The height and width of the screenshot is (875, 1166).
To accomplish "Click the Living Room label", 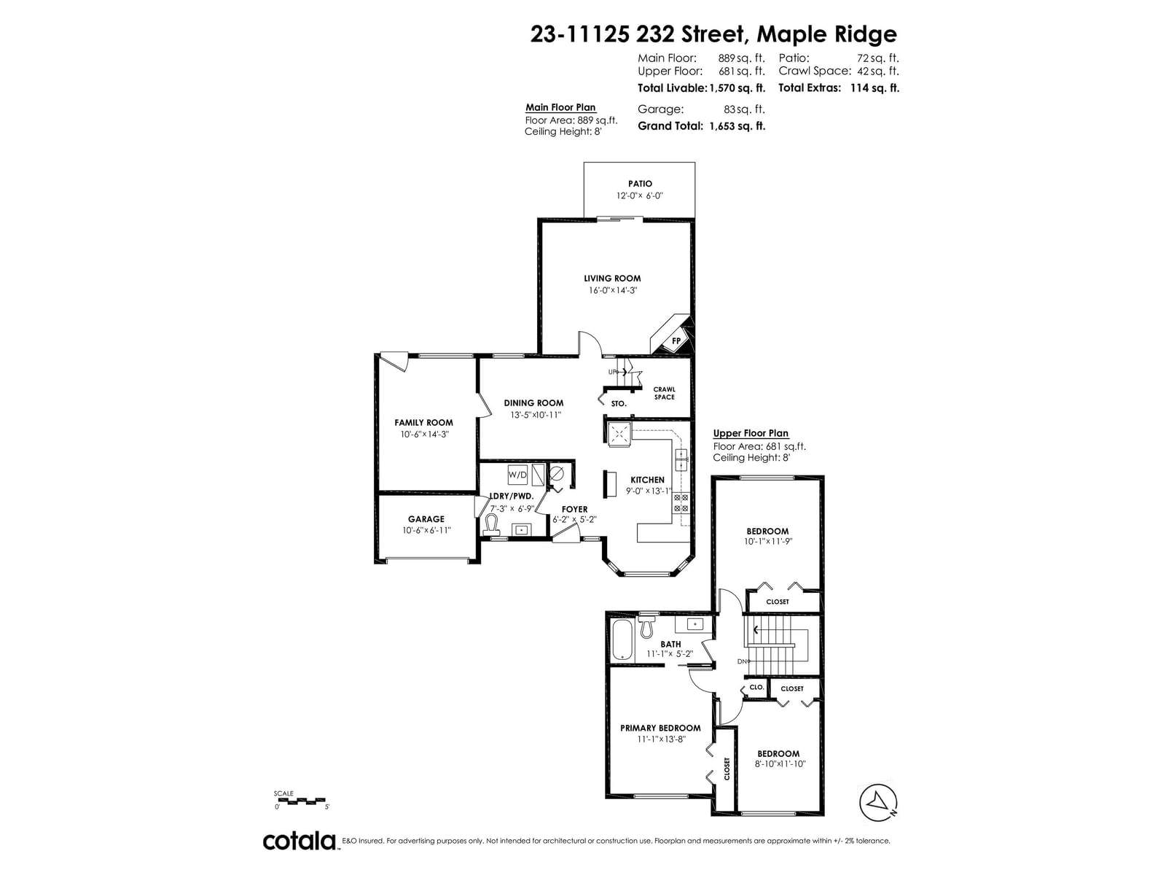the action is [x=612, y=279].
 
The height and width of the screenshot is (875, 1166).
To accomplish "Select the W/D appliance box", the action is [x=517, y=475].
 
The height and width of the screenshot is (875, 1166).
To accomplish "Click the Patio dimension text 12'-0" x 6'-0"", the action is [x=640, y=195].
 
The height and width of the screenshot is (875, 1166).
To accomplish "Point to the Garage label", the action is [x=426, y=519].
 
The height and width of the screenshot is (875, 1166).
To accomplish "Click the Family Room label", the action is [x=423, y=423].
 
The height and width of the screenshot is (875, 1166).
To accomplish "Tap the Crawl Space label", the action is [x=664, y=393].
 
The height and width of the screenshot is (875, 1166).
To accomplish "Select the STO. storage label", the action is [x=619, y=404].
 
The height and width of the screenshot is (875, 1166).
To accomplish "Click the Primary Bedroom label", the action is [x=660, y=728].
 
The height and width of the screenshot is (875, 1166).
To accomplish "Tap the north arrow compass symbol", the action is [x=878, y=802].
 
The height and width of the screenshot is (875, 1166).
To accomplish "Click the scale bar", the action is [x=300, y=801].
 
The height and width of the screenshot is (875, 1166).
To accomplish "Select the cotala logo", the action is [x=300, y=841].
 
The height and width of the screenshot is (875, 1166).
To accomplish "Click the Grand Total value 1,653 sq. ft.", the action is [x=737, y=126].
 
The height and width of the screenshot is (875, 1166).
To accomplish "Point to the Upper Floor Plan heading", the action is [x=751, y=434].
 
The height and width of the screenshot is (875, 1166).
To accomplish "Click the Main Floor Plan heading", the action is [x=560, y=107].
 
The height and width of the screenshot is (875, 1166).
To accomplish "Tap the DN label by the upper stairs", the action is [x=742, y=661].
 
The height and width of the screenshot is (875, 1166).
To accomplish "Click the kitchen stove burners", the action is [x=681, y=503].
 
